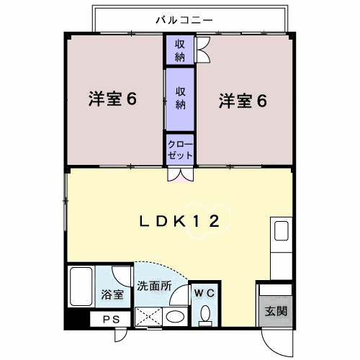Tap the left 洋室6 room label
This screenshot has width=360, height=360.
coord(112,99)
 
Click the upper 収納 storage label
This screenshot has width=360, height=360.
coord(179,50)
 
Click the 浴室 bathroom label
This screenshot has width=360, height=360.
coord(112,294)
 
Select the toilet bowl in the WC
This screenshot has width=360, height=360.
coord(205,314)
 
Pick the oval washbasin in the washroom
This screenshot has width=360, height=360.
coord(174,316)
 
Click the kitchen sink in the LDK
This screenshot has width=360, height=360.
coord(282,233)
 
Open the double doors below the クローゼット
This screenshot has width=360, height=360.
coord(179,174)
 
